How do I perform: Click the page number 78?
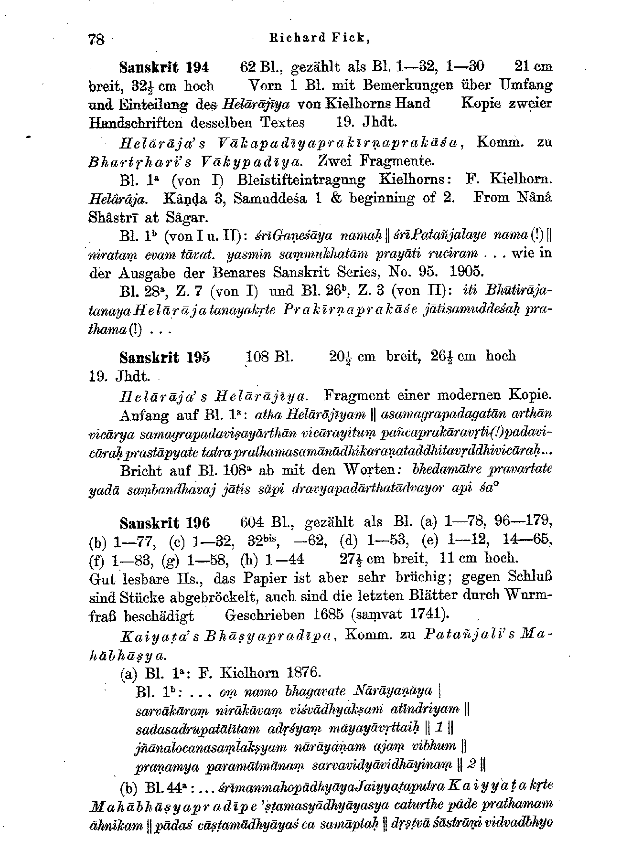tap(96, 39)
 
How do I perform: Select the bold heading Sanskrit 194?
tap(165, 66)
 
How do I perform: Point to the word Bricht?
tap(142, 470)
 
